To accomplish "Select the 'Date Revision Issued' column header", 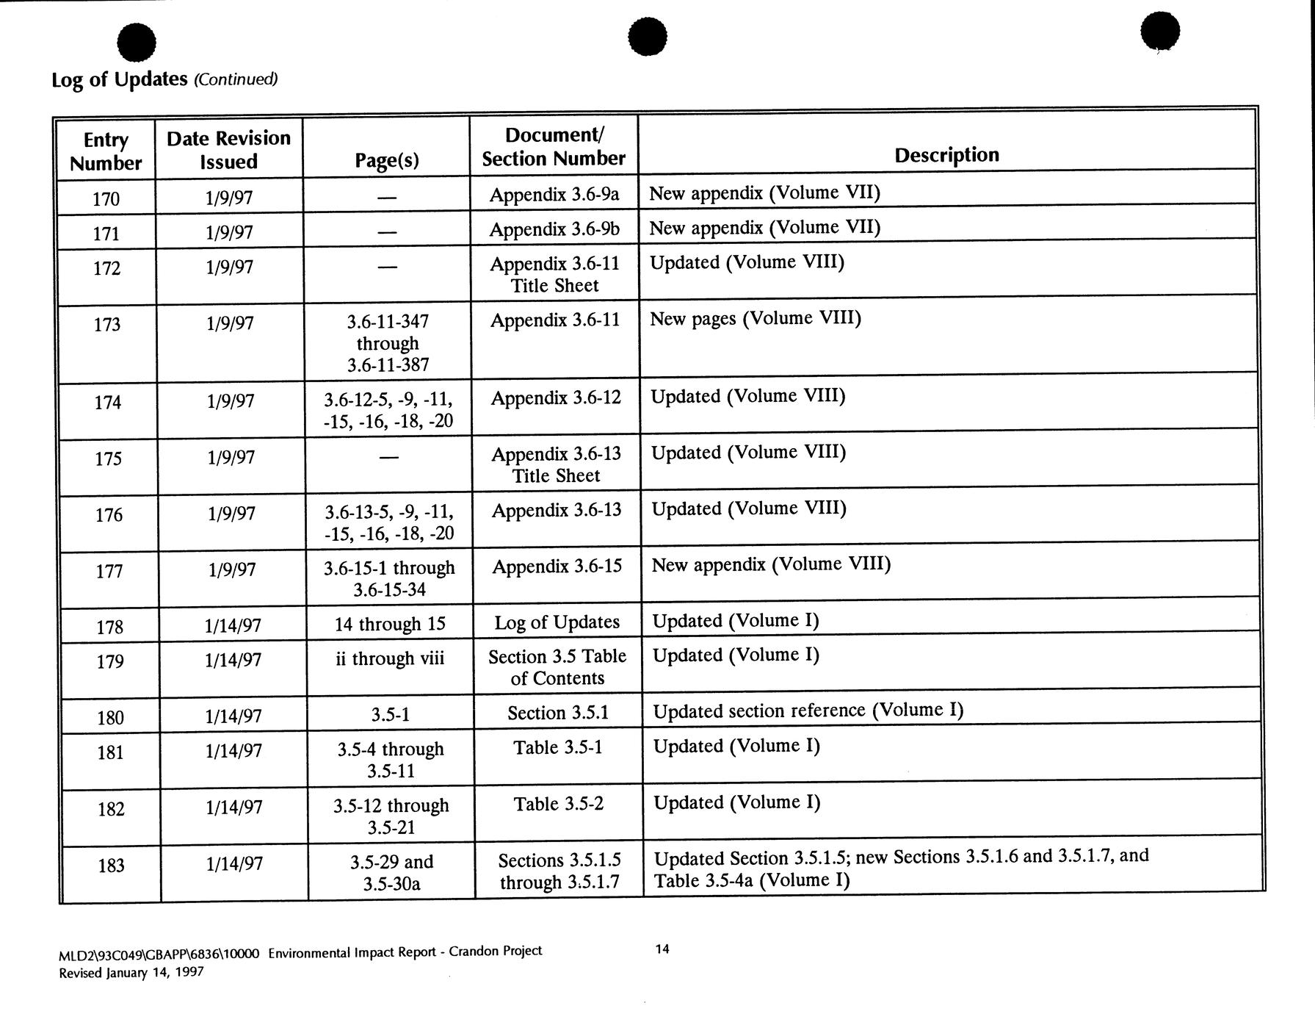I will point(229,150).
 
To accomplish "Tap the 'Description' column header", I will point(946,155).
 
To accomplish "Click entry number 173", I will point(107,324).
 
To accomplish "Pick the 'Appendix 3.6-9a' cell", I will point(554,195).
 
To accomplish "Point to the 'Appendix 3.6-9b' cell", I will point(554,229).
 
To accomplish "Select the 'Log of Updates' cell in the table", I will point(557,622).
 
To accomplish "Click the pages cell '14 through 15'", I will point(390,625).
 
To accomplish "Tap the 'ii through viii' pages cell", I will point(390,658).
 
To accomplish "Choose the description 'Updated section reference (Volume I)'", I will point(808,711).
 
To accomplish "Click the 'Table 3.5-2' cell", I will point(558,805).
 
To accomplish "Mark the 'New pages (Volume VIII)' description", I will point(756,319).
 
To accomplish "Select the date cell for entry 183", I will point(233,863).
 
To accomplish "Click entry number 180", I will point(110,717).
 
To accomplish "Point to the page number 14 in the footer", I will point(662,949).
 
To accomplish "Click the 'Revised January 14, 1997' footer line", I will point(131,972).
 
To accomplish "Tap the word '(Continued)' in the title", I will point(235,79).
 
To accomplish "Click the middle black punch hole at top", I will point(648,36).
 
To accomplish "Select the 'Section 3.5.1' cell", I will point(557,713).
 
